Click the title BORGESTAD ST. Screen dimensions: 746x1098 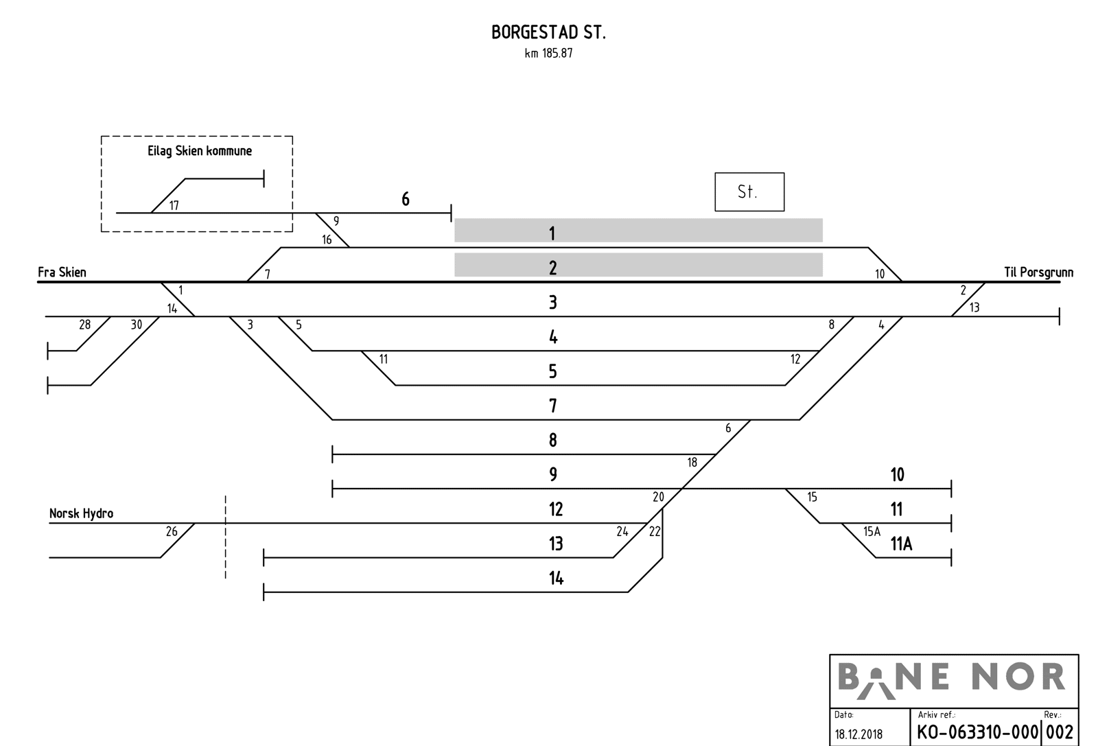[x=548, y=33]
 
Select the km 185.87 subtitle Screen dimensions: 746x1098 [x=548, y=54]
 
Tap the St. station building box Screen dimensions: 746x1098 [x=749, y=191]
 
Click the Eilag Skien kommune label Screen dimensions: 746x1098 [x=200, y=151]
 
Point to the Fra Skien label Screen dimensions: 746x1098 [x=62, y=272]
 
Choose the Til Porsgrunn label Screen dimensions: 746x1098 [x=1038, y=272]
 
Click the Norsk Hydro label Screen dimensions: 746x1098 [x=81, y=513]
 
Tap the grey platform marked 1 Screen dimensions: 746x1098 [x=638, y=231]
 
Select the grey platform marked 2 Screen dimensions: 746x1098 [x=638, y=265]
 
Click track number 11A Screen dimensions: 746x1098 [x=901, y=544]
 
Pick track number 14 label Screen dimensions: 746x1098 [x=556, y=579]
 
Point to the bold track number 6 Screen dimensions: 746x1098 [x=406, y=199]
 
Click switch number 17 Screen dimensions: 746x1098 [x=174, y=206]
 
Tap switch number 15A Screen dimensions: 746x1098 [x=872, y=531]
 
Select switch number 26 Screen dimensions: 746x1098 [x=172, y=531]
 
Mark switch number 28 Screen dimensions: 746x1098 [x=84, y=325]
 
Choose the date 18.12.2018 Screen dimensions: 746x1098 [x=858, y=734]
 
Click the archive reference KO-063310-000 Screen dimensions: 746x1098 [x=978, y=732]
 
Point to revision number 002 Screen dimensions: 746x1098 [x=1060, y=732]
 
